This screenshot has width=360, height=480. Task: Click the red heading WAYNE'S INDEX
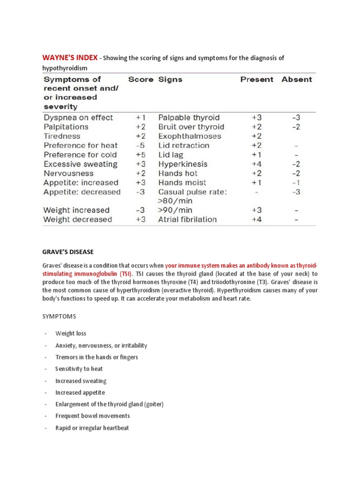pyautogui.click(x=70, y=58)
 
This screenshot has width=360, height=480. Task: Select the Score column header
pyautogui.click(x=141, y=80)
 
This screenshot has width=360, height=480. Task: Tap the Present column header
pyautogui.click(x=256, y=80)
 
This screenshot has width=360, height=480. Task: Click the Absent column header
pyautogui.click(x=296, y=80)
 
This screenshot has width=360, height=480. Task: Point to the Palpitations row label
pyautogui.click(x=66, y=127)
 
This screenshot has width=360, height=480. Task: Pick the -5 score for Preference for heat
pyautogui.click(x=141, y=145)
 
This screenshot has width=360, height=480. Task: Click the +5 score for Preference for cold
pyautogui.click(x=141, y=155)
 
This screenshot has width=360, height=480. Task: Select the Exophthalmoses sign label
pyautogui.click(x=189, y=136)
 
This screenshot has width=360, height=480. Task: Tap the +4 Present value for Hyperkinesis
pyautogui.click(x=256, y=164)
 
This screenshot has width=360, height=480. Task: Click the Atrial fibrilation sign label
pyautogui.click(x=187, y=219)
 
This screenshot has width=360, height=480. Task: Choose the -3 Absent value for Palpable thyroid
pyautogui.click(x=296, y=118)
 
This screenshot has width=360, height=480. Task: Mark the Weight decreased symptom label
pyautogui.click(x=78, y=219)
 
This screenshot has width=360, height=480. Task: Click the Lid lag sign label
pyautogui.click(x=171, y=155)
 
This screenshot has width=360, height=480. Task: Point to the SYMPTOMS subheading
pyautogui.click(x=59, y=317)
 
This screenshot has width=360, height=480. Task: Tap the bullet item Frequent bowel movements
pyautogui.click(x=92, y=416)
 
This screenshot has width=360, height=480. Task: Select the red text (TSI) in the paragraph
pyautogui.click(x=125, y=274)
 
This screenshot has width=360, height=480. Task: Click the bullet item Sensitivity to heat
pyautogui.click(x=79, y=369)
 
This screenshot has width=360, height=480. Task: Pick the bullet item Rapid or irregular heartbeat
pyautogui.click(x=92, y=428)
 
